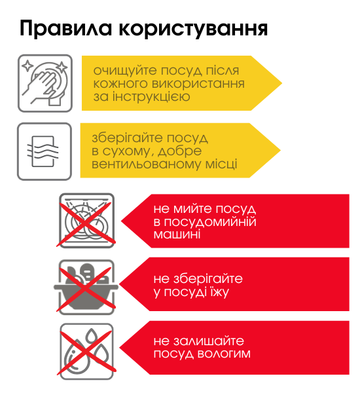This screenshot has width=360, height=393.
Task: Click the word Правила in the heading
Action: (x=65, y=28)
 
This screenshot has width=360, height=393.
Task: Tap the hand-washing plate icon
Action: (x=45, y=83)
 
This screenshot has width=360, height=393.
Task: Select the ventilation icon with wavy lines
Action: (x=45, y=151)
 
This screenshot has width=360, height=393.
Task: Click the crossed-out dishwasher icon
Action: (x=86, y=221)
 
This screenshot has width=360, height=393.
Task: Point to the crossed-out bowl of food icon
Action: (x=86, y=287)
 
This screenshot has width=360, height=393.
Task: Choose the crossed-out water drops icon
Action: (x=86, y=351)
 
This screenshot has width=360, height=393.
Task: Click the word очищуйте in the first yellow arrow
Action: (x=125, y=71)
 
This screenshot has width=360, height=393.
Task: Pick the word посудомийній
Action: (x=210, y=221)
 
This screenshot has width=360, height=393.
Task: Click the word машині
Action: (x=177, y=234)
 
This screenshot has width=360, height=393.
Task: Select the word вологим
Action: (x=224, y=354)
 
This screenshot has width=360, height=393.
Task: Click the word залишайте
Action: (x=209, y=341)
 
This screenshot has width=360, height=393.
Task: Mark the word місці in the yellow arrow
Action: (x=221, y=164)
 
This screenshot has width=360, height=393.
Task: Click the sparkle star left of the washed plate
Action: (x=27, y=66)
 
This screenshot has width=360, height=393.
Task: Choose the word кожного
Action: (x=120, y=84)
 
